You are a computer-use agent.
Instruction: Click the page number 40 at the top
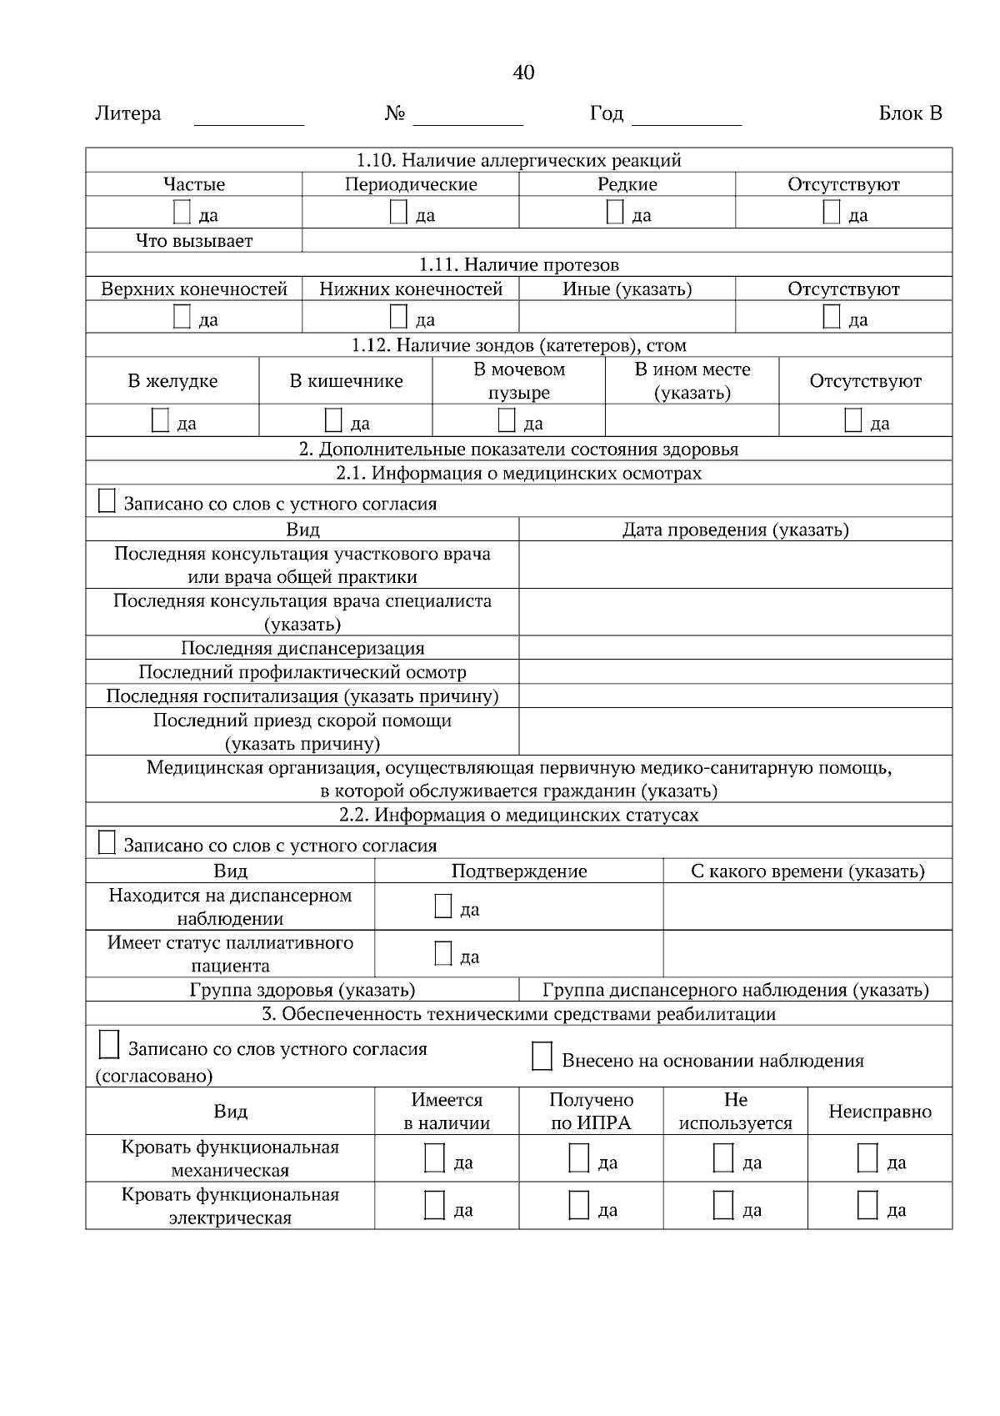[523, 73]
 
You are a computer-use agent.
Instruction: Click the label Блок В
[910, 113]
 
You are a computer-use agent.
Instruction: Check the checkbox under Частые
[182, 213]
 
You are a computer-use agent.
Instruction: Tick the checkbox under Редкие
[615, 213]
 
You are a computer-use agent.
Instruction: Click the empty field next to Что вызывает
[627, 241]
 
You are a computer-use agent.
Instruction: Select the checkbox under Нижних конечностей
[399, 317]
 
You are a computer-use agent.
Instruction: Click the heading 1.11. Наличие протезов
[518, 265]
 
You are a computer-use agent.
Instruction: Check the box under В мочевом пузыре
[507, 420]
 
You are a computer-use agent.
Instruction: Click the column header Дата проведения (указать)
[735, 530]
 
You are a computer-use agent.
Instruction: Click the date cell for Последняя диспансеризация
[735, 648]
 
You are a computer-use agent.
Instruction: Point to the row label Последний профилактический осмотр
[302, 672]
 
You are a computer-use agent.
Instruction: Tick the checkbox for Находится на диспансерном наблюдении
[443, 906]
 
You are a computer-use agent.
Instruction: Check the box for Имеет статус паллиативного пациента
[443, 954]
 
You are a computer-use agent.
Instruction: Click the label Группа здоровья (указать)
[302, 990]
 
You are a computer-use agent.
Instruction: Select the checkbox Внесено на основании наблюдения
[542, 1057]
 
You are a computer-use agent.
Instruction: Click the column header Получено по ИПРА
[591, 1111]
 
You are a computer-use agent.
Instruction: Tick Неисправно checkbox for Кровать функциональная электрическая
[867, 1206]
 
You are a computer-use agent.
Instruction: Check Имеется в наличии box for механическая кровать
[434, 1158]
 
